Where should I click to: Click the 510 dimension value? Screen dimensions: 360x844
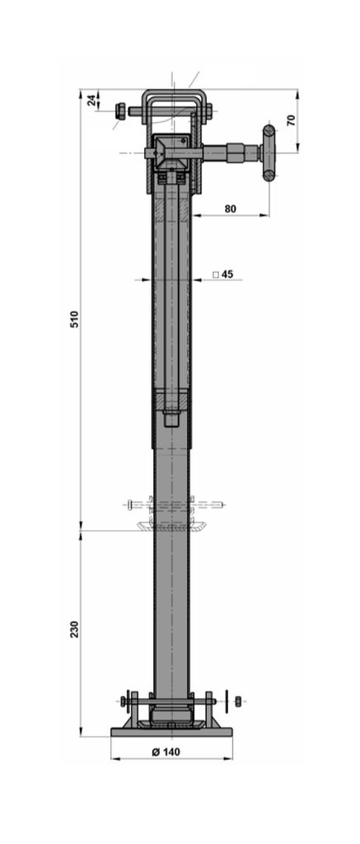coord(74,319)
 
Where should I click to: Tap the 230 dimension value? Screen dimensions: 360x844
coord(74,629)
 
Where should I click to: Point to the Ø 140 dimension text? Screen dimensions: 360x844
coord(166,752)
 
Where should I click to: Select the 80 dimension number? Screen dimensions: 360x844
coord(231,209)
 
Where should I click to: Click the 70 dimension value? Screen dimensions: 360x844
coord(291,120)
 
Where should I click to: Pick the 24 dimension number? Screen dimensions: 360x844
coord(91,100)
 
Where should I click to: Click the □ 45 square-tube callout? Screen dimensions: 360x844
coord(222,274)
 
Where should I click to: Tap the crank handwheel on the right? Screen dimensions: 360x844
coord(269,152)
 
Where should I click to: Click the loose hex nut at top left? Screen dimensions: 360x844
coord(121,111)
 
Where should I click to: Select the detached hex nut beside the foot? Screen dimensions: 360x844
coord(238,701)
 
